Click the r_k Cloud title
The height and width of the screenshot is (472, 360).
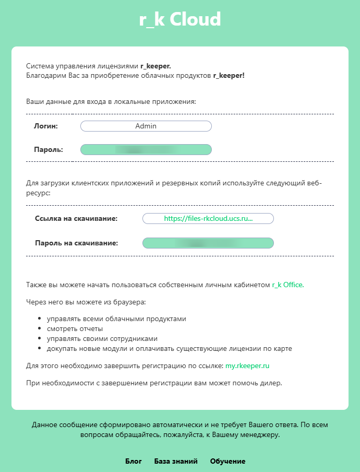pos(180,20)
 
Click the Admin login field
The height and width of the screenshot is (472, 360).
pos(146,126)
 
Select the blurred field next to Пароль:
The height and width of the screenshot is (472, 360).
pos(146,150)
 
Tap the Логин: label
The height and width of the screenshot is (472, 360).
pos(45,126)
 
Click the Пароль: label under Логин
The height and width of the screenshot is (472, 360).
pos(48,150)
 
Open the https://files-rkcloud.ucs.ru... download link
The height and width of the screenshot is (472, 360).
pos(208,219)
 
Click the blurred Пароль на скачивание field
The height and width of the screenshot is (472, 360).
pos(208,243)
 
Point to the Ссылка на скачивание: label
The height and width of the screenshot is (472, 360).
pos(76,219)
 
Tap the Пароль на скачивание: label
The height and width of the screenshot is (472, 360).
pos(76,243)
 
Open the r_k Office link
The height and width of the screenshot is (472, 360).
pos(287,285)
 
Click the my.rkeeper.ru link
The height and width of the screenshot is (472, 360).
pos(247,367)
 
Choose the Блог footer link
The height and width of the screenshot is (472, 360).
pos(134,461)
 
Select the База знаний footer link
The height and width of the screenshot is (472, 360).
pos(176,461)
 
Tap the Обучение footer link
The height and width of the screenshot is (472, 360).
pos(227,461)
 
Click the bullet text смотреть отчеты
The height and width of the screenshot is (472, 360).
pos(75,328)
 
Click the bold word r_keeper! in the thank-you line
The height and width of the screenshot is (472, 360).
pos(229,76)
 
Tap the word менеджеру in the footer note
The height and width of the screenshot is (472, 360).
pos(258,434)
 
